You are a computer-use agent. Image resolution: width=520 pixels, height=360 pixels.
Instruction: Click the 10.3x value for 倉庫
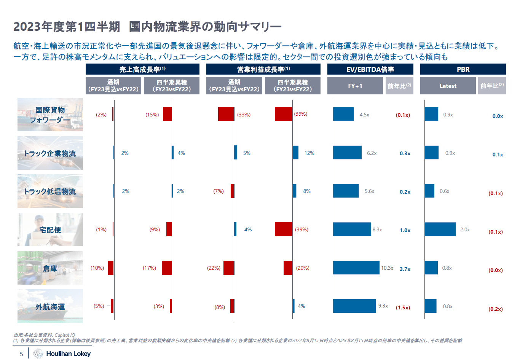387,268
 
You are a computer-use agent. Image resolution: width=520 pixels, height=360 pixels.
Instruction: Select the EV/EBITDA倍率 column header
370,69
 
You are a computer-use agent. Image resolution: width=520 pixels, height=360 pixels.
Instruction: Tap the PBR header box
463,69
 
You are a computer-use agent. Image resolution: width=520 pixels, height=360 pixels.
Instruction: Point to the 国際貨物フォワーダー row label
50,115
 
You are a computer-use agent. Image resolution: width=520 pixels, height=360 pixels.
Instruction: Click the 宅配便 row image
50,229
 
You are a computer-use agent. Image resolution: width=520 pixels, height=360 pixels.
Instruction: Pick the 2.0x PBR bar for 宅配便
440,229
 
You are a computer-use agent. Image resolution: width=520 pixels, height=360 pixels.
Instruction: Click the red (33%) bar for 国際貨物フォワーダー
226,114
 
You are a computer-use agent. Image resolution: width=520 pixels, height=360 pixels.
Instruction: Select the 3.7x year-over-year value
405,269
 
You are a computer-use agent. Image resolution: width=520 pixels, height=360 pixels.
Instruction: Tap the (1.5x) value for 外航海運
403,307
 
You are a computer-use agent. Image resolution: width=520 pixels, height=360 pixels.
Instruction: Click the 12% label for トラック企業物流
309,153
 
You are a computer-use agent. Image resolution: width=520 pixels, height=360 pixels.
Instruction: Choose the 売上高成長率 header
142,69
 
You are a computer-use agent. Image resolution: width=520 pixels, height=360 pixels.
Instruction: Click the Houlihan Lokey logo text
68,354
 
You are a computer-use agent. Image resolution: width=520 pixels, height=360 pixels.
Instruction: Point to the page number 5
21,354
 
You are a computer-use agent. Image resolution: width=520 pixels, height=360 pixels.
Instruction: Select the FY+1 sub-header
355,86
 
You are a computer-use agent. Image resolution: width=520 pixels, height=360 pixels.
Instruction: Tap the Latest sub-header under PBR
448,86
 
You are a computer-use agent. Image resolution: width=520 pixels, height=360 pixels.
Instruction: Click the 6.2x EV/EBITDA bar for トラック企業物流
347,153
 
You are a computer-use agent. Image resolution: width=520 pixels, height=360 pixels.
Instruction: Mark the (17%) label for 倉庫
149,268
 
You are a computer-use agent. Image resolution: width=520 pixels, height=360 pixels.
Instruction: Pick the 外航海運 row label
50,306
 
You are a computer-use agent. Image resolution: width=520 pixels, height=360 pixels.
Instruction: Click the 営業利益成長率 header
263,69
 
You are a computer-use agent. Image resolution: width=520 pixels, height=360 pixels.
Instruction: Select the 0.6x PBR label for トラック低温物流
444,191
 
